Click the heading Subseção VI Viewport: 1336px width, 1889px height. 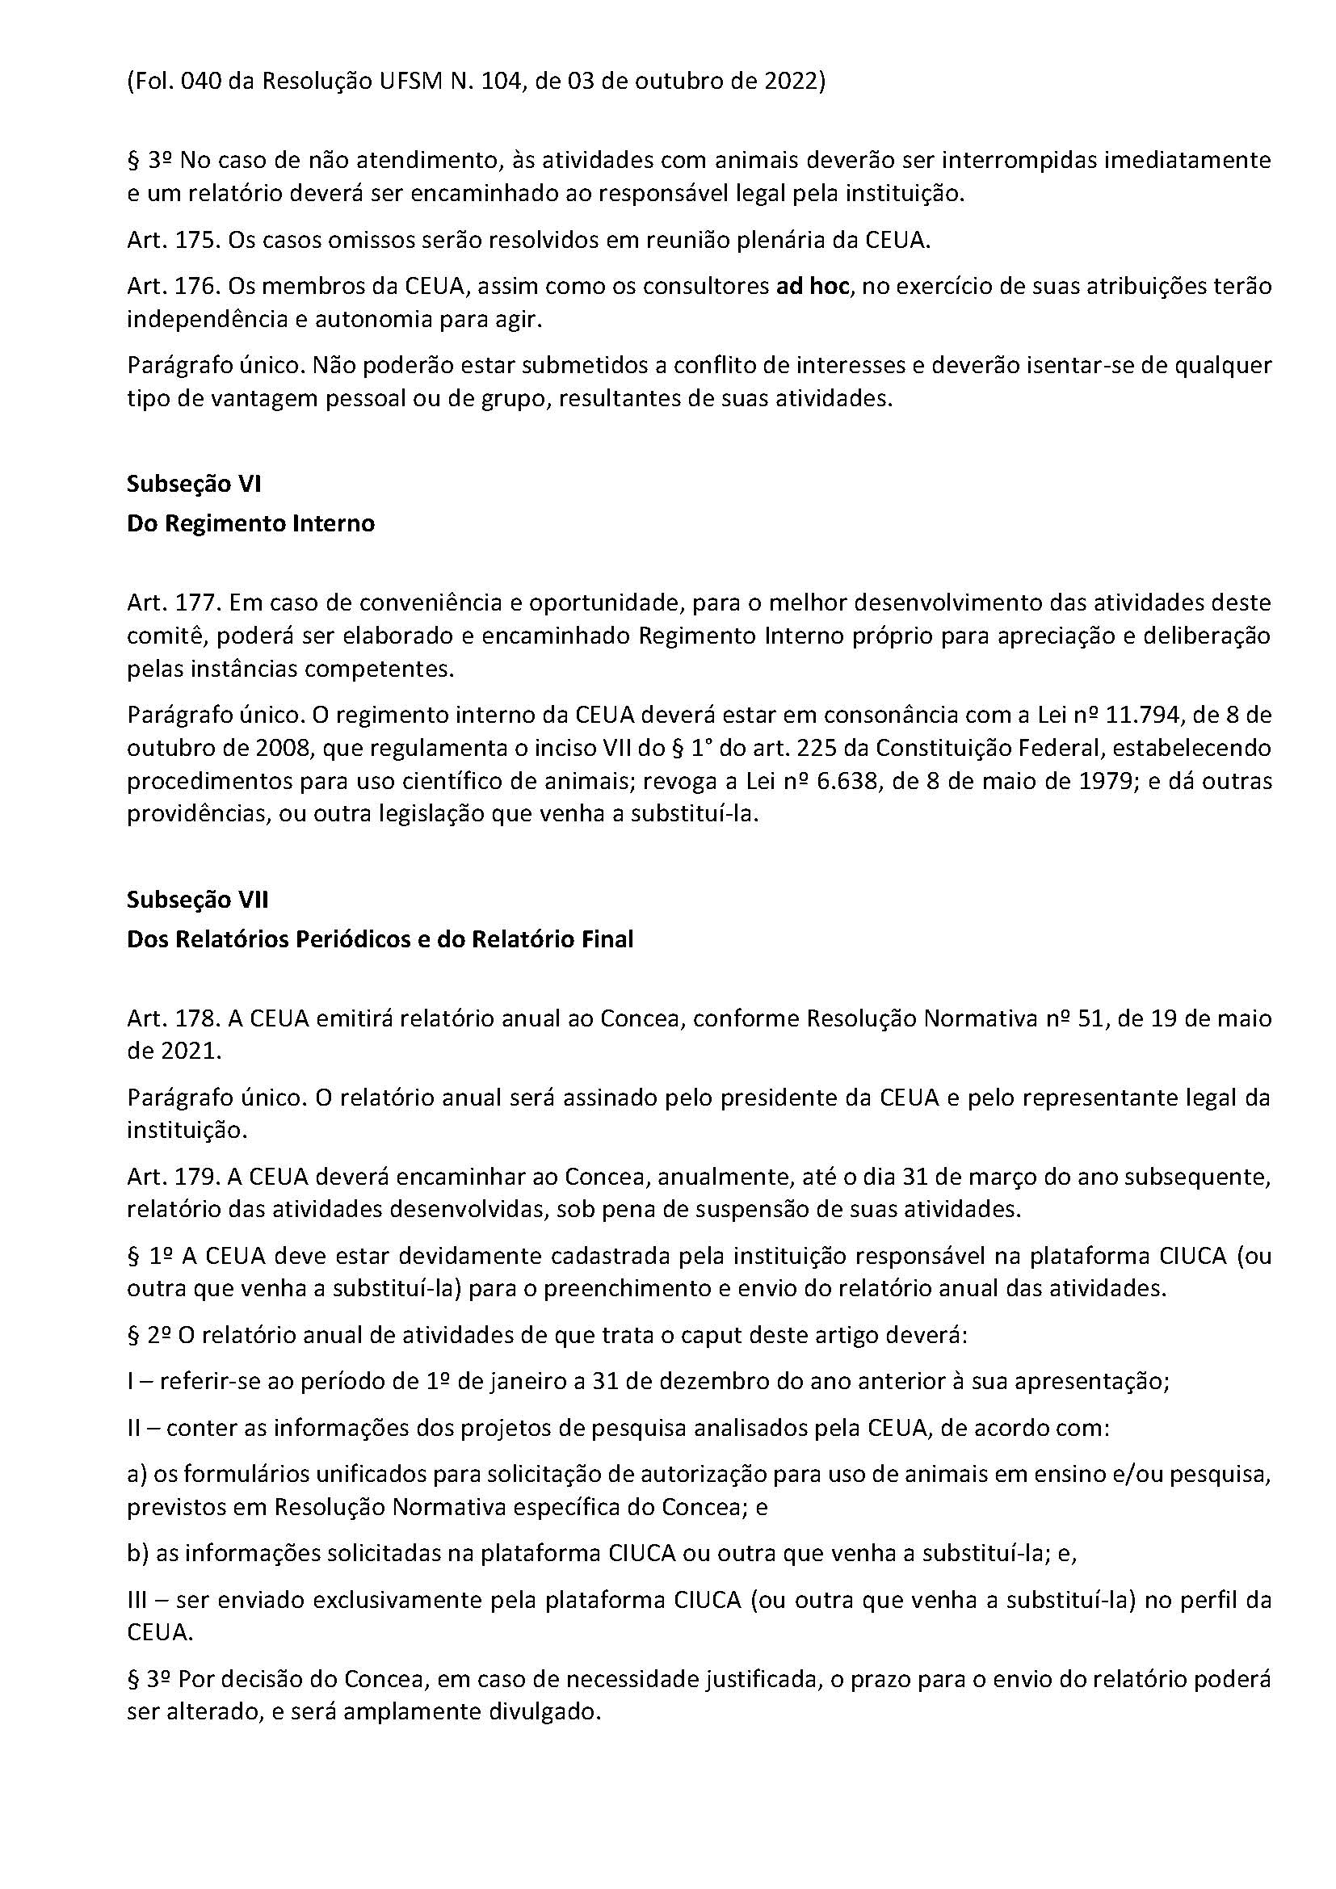click(193, 484)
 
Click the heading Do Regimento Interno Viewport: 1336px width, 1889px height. click(250, 523)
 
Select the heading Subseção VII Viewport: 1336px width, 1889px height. click(197, 899)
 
